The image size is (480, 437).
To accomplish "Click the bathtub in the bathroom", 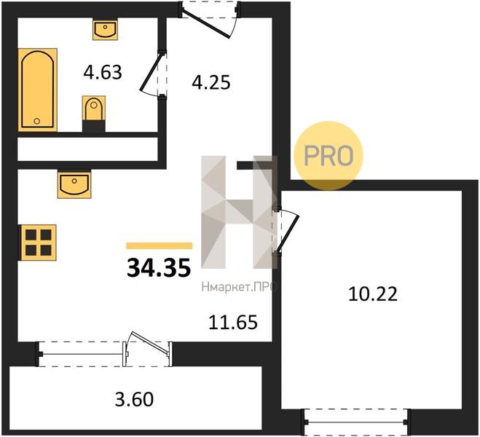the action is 38,90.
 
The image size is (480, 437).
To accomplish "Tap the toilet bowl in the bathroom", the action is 94,109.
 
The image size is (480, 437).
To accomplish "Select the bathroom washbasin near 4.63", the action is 106,29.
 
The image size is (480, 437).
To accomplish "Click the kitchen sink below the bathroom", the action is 74,185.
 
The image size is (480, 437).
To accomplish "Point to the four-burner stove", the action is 38,243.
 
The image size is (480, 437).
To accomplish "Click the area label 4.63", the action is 103,73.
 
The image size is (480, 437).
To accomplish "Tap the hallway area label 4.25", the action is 211,82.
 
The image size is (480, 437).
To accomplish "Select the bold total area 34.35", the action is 159,267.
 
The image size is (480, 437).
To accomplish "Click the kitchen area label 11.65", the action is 232,322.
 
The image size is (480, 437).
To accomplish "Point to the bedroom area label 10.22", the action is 373,294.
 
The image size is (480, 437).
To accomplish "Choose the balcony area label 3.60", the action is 134,400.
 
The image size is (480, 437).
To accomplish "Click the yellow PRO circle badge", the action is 328,155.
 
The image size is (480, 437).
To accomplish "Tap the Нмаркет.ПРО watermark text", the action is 240,287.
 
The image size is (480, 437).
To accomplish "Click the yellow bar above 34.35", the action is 160,245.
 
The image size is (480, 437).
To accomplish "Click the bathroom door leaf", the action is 150,73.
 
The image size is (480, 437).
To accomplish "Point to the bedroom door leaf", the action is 288,234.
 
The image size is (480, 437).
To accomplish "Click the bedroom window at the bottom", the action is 356,422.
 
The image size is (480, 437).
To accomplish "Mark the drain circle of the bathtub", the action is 37,121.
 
